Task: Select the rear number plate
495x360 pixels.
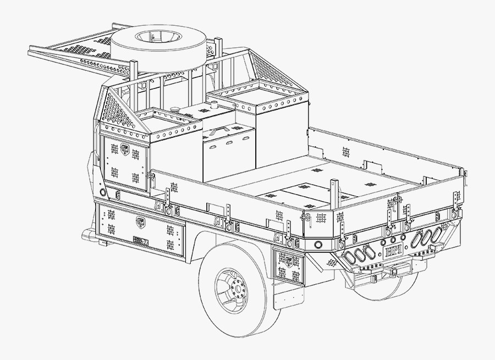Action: pos(394,251)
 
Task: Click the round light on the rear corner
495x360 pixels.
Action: pos(317,243)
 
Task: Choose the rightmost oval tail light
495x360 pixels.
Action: pos(437,234)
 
